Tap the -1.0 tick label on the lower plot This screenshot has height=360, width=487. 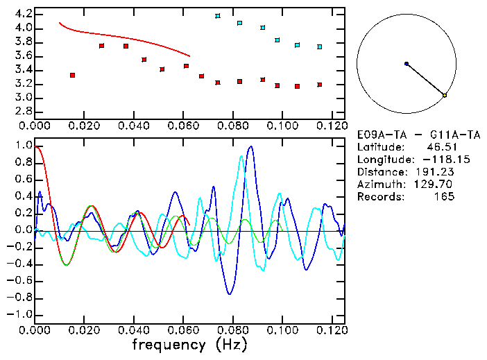pos(19,314)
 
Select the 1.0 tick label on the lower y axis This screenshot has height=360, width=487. pos(23,146)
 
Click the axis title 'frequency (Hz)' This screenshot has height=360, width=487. pos(189,344)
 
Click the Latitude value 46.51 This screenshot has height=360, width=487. pos(441,147)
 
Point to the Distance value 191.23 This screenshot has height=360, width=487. pos(438,172)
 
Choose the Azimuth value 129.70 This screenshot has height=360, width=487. pos(438,185)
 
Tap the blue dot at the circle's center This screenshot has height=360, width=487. pos(407,64)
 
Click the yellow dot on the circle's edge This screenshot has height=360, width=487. pos(445,95)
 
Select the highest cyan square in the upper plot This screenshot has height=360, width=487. pos(218,15)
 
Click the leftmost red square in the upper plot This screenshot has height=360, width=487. pos(72,75)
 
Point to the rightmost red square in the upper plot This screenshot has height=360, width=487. pos(320,85)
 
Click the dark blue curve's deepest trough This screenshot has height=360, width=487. pos(230,294)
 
